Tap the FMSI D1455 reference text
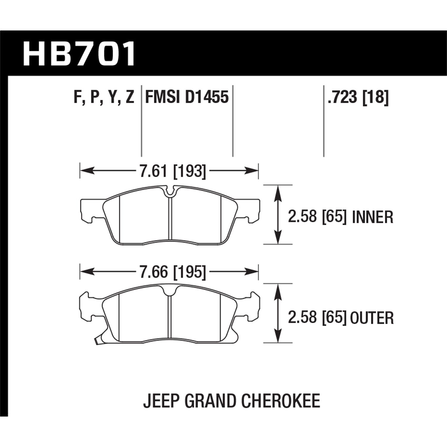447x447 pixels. [187, 97]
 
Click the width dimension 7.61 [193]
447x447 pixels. [173, 171]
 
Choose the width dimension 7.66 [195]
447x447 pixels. [173, 272]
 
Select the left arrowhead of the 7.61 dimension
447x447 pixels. [85, 171]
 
